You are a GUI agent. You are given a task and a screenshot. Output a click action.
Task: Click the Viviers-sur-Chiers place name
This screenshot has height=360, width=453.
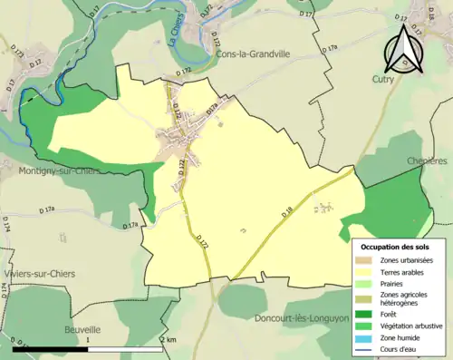click(37, 273)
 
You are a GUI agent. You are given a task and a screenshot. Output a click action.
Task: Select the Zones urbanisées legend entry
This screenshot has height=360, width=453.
click(408, 260)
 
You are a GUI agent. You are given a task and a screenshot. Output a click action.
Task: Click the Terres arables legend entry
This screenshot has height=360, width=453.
click(404, 271)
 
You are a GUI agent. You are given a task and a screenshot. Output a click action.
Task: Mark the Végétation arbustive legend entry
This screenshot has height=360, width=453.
click(413, 325)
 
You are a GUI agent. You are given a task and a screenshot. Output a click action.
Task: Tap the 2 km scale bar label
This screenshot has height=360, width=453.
click(168, 339)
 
